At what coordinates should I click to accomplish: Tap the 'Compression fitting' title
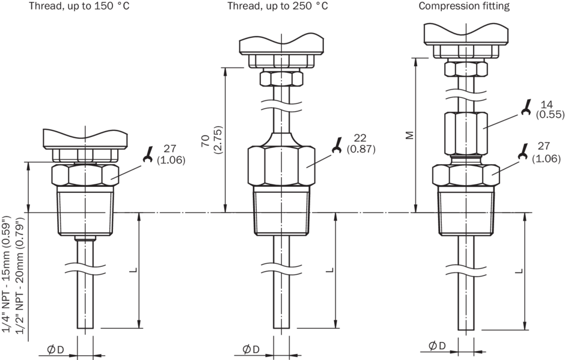[463, 7]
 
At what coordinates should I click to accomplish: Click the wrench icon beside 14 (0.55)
[526, 109]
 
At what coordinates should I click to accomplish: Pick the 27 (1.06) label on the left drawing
[171, 154]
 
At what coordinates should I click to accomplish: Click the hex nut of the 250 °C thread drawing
[281, 165]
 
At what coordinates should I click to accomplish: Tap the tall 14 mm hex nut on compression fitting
[465, 133]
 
